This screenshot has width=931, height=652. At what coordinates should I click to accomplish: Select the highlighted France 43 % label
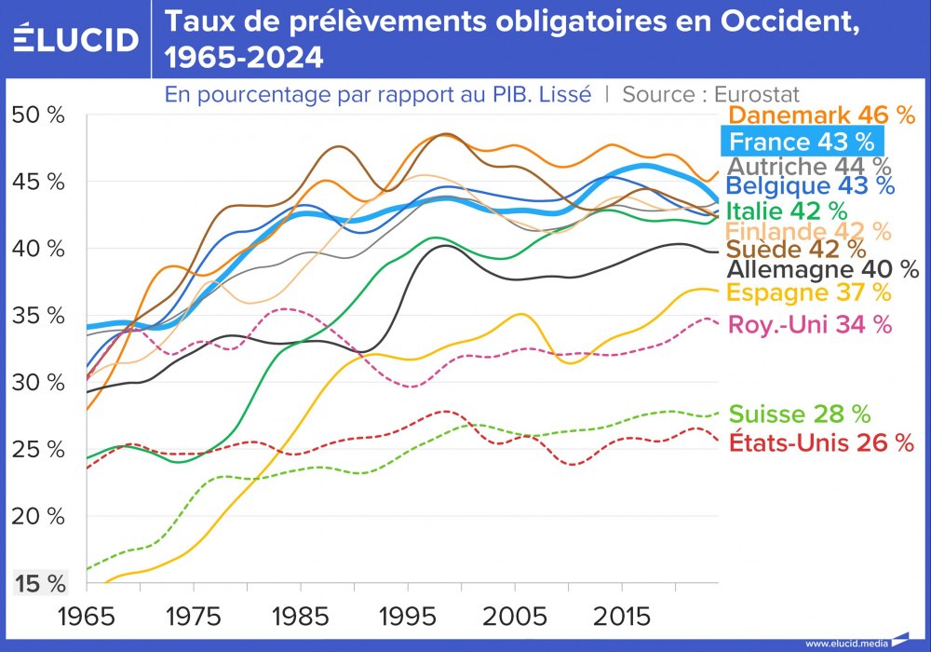tap(802, 142)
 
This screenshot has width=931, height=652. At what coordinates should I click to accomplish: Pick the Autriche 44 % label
tap(807, 167)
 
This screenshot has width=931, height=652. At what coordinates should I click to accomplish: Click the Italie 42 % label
tap(787, 211)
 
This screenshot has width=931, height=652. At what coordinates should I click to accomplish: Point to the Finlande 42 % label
tap(808, 231)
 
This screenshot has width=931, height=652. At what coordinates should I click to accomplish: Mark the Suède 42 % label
tap(795, 250)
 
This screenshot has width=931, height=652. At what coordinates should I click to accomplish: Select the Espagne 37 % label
tap(808, 292)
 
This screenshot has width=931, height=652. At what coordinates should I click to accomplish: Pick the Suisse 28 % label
tap(800, 414)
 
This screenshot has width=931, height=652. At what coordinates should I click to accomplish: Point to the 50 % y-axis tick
tap(37, 115)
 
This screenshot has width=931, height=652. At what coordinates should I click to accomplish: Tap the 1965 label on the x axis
tap(86, 617)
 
